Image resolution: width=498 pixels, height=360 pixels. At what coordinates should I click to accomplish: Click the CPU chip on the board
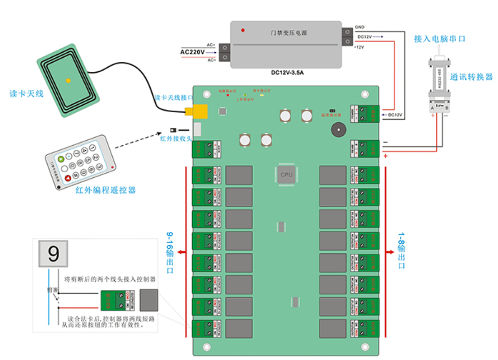pyautogui.click(x=287, y=175)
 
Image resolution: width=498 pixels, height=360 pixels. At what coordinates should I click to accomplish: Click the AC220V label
pyautogui.click(x=192, y=52)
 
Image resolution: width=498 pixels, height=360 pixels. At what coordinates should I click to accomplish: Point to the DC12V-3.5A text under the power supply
pyautogui.click(x=287, y=72)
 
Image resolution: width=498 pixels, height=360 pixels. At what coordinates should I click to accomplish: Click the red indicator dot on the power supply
pyautogui.click(x=243, y=30)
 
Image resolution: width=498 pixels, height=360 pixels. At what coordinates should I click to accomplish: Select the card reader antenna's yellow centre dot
pyautogui.click(x=68, y=81)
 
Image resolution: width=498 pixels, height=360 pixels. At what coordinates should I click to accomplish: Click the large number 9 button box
pyautogui.click(x=53, y=253)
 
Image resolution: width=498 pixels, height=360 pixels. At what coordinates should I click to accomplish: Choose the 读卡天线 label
pyautogui.click(x=27, y=94)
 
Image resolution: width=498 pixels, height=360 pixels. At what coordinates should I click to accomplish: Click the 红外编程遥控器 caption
pyautogui.click(x=106, y=190)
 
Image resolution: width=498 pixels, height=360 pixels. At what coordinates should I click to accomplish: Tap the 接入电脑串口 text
pyautogui.click(x=439, y=39)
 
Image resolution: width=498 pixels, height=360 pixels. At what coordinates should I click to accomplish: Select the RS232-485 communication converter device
pyautogui.click(x=439, y=85)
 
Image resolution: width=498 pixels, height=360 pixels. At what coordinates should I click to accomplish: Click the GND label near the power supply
pyautogui.click(x=360, y=27)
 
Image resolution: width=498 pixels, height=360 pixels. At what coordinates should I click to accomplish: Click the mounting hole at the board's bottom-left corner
pyautogui.click(x=206, y=347)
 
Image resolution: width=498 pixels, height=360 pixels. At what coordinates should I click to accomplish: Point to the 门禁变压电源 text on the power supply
pyautogui.click(x=289, y=33)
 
